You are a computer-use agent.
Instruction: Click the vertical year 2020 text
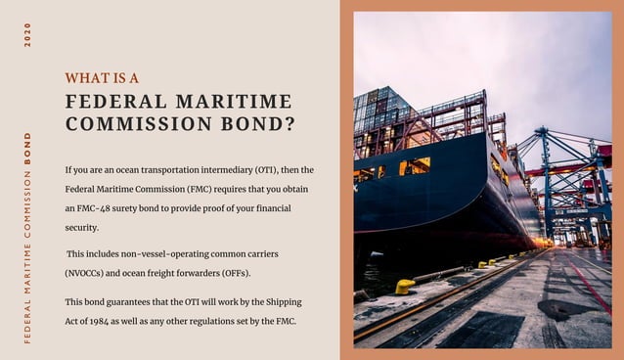pyautogui.click(x=28, y=34)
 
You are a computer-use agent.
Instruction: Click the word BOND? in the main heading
pyautogui.click(x=256, y=124)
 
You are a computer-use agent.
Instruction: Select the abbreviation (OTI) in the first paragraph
pyautogui.click(x=269, y=170)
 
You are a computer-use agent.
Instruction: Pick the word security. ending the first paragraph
pyautogui.click(x=82, y=227)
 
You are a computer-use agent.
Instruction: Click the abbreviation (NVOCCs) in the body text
pyautogui.click(x=88, y=272)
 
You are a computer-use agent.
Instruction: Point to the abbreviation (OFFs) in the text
pyautogui.click(x=233, y=272)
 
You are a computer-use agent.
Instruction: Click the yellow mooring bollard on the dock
pyautogui.click(x=405, y=286)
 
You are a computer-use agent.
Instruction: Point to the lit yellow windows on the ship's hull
pyautogui.click(x=416, y=165)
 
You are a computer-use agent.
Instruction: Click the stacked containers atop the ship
pyautogui.click(x=383, y=112)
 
